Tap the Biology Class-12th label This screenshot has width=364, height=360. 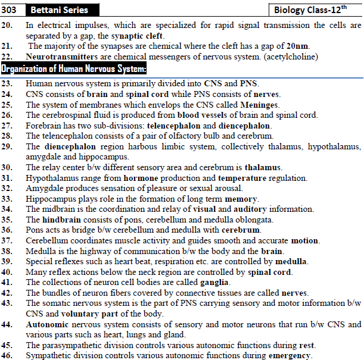tap(316, 10)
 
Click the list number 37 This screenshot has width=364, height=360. tap(7, 240)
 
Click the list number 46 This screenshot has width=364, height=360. tap(7, 356)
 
